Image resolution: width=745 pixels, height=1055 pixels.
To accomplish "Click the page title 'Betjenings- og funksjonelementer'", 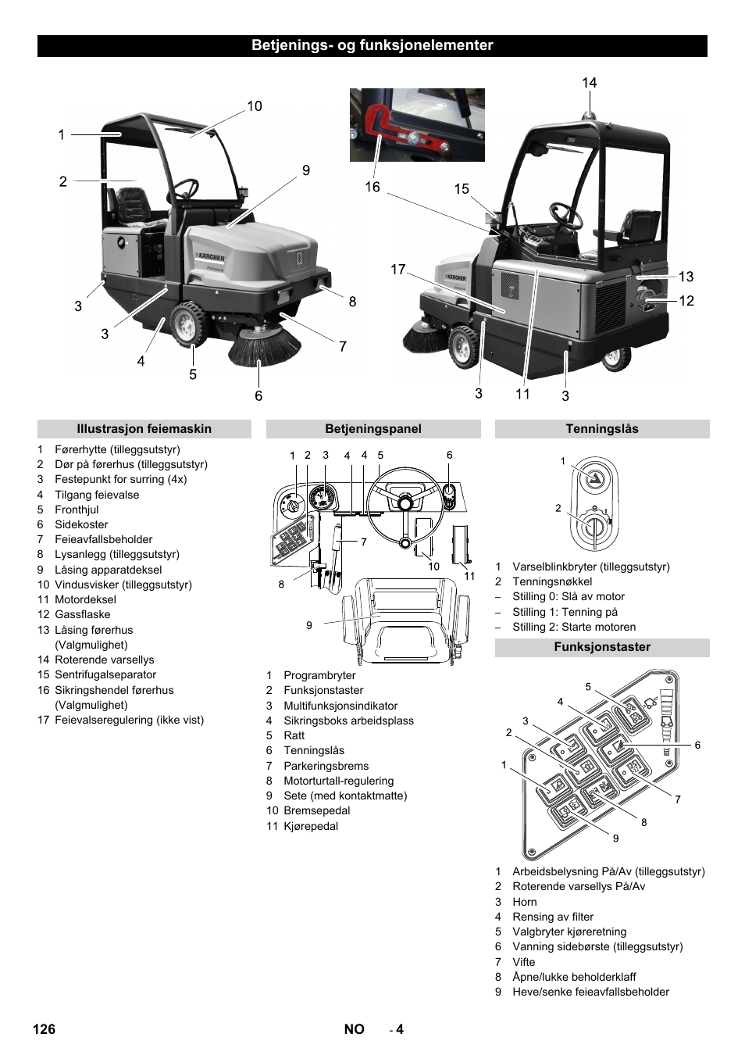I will click(372, 45).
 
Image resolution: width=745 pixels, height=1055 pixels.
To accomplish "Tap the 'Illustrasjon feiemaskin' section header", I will click(144, 429).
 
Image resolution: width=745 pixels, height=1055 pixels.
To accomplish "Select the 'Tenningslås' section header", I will click(601, 429).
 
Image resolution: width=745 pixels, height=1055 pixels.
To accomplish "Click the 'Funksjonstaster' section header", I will click(601, 647).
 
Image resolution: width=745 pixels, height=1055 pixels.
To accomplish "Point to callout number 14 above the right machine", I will click(589, 83).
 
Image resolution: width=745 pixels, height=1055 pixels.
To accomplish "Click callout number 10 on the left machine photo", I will click(255, 106).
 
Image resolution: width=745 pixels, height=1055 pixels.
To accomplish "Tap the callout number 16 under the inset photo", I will click(372, 188).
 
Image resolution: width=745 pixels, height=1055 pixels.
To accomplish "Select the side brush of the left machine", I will click(263, 348).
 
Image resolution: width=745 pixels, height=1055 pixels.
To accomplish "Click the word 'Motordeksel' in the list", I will click(85, 600).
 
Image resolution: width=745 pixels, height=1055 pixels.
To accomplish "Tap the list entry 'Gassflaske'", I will click(83, 615).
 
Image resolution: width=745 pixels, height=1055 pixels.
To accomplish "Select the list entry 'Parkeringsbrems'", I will click(326, 767).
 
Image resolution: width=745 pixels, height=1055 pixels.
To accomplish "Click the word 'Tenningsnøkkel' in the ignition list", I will click(552, 582).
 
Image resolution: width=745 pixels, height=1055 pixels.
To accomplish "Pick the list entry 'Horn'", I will click(525, 903).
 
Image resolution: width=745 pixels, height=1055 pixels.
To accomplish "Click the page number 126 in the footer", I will click(44, 1029).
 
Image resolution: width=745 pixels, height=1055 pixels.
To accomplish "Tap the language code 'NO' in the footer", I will click(354, 1029).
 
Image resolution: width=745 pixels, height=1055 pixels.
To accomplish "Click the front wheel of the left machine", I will click(188, 324).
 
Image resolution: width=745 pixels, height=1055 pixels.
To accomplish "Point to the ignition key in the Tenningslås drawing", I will click(594, 529).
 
